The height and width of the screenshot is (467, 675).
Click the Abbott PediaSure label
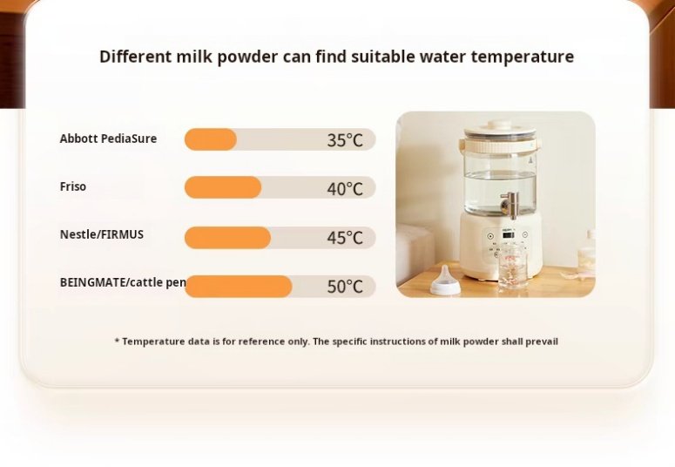[x=108, y=139]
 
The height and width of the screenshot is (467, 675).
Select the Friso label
[x=73, y=186]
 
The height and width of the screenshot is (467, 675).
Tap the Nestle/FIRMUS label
[x=102, y=234]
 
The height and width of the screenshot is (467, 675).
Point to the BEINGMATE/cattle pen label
[x=123, y=282]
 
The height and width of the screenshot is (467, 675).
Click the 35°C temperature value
[x=345, y=140]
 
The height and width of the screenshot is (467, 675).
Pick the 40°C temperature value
[x=345, y=189]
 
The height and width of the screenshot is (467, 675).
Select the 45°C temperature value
[x=345, y=237]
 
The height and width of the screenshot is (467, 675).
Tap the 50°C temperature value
[x=345, y=286]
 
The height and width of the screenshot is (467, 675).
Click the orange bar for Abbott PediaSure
[x=211, y=139]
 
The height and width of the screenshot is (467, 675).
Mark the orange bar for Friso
[x=223, y=187]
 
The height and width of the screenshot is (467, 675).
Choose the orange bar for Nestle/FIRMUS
[x=227, y=237]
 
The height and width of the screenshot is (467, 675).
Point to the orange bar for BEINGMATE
[x=239, y=286]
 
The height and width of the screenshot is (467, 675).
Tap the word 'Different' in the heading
[x=136, y=57]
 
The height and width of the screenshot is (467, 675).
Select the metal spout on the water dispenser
[x=510, y=204]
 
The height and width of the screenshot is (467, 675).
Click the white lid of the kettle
[x=499, y=129]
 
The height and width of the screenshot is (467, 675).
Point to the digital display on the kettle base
[x=509, y=235]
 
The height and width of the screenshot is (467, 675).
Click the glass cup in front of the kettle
[x=513, y=267]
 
